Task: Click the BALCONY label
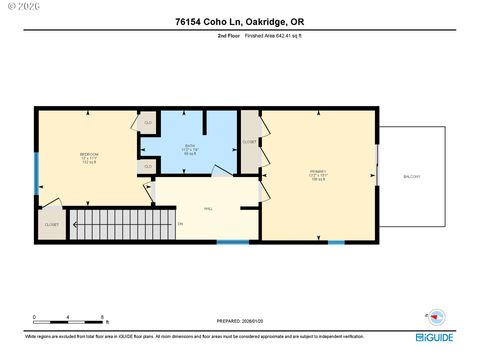coord(411,176)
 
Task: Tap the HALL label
coord(208,209)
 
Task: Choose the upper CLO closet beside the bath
coord(147,123)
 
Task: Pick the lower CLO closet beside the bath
coord(147,165)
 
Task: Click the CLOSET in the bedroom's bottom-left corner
coord(50,225)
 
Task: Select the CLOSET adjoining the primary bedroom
coord(249,142)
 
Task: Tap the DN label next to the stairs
coord(180,222)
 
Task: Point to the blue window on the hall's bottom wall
coord(232,242)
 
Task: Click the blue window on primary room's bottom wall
coord(336,242)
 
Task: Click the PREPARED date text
coord(239,321)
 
